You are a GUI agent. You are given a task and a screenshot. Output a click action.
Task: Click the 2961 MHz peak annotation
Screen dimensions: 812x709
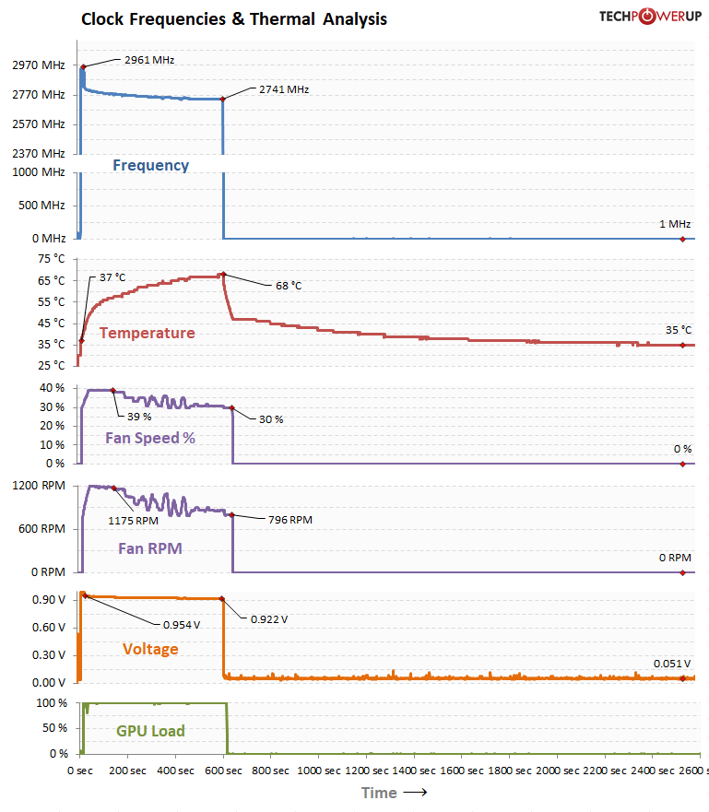pos(148,60)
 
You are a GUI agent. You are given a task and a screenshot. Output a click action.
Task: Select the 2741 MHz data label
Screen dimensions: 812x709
pos(284,89)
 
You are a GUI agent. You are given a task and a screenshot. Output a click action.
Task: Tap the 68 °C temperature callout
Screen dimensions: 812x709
pos(289,286)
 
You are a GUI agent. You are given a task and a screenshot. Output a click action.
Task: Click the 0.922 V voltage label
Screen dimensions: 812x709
pos(269,618)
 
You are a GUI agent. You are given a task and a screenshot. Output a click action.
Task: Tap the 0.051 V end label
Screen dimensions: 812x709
pos(672,663)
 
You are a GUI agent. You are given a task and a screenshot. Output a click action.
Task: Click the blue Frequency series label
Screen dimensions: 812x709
pos(150,166)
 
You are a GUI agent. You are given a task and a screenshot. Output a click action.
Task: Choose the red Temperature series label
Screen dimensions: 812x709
pos(147,334)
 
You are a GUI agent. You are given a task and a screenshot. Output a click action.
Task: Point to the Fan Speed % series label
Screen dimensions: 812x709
pos(149,438)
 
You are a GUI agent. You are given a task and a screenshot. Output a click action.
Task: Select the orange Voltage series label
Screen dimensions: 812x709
pos(150,649)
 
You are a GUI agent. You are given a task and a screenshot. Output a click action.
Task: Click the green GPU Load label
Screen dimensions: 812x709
pos(150,731)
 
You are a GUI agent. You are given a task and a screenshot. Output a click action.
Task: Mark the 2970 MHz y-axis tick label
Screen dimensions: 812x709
pos(39,65)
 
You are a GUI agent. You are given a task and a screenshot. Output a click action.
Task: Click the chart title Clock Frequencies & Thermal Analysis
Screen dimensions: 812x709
pos(234,18)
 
